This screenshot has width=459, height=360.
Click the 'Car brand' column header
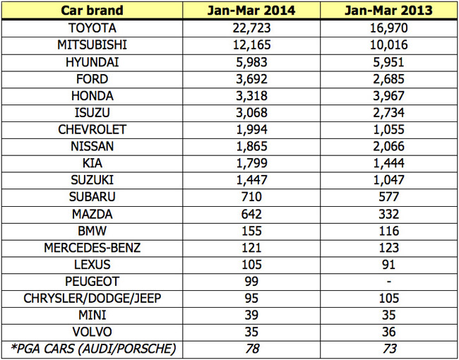pyautogui.click(x=92, y=11)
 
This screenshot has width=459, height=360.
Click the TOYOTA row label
pyautogui.click(x=92, y=28)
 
